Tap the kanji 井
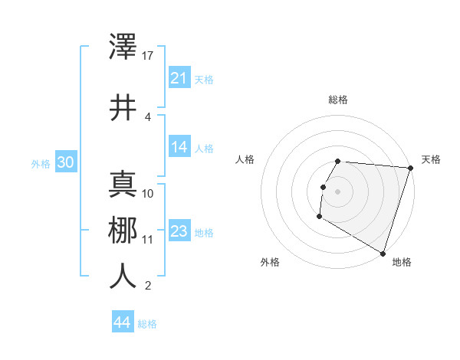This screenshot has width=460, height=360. [x=123, y=106]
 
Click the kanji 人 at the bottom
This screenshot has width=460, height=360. [x=123, y=276]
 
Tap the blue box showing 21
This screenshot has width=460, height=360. [x=179, y=78]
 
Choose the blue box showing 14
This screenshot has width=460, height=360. [x=179, y=148]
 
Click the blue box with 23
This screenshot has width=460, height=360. [x=179, y=232]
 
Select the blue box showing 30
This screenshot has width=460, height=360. [x=66, y=163]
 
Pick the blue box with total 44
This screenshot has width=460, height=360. [x=123, y=323]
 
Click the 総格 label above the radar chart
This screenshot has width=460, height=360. [x=338, y=100]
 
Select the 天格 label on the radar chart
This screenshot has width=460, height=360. [x=431, y=159]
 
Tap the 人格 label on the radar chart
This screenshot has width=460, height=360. [x=245, y=159]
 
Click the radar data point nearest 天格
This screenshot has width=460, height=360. [x=410, y=168]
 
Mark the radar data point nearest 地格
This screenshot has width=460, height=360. [x=382, y=253]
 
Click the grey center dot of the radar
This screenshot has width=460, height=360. [x=337, y=191]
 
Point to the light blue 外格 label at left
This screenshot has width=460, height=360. [x=41, y=164]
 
